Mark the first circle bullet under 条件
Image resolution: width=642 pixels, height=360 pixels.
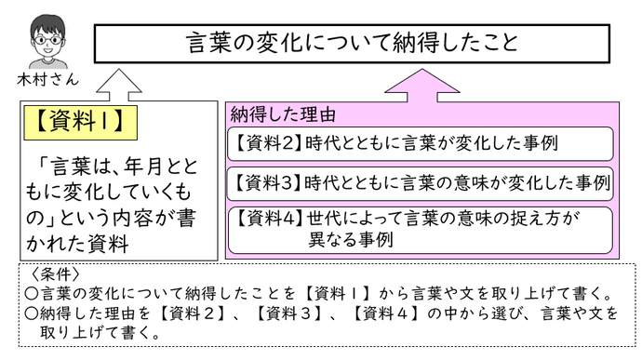tap(31, 294)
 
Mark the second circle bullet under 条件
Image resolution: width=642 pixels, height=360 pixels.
tap(31, 313)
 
